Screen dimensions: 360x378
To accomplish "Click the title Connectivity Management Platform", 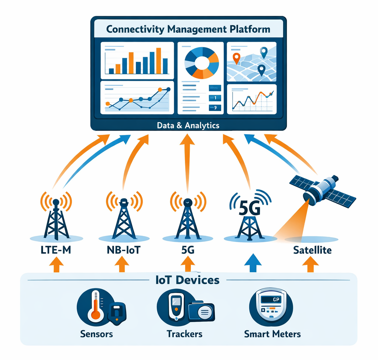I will click(x=188, y=29).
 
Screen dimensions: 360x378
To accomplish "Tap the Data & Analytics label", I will click(x=188, y=125).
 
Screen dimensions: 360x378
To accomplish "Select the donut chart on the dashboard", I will click(x=201, y=63).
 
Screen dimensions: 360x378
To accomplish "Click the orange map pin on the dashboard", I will click(x=237, y=58).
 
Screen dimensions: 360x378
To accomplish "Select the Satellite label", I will click(x=312, y=250).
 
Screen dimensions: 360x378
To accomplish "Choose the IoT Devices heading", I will click(x=188, y=280).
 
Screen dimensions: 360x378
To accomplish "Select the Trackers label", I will click(x=185, y=334).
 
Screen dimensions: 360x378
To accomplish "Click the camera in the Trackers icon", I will click(x=201, y=312).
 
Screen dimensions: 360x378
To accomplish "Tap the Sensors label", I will click(x=96, y=334).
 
